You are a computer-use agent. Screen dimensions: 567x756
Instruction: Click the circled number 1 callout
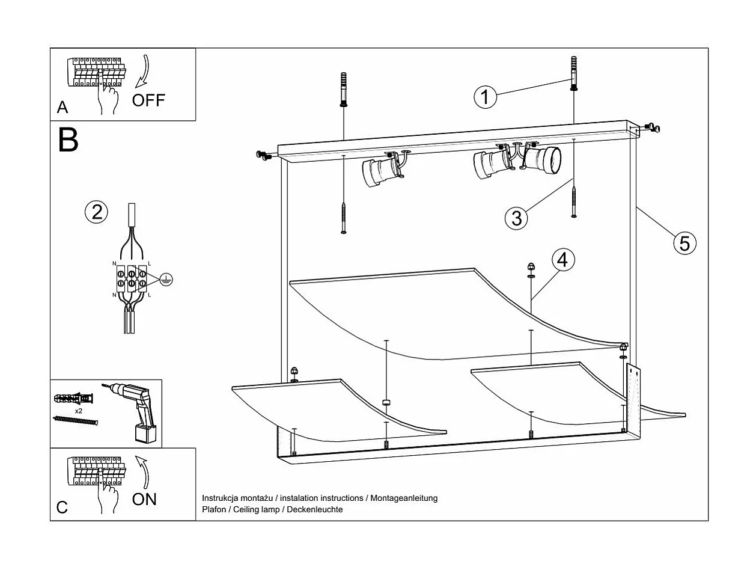tap(485, 97)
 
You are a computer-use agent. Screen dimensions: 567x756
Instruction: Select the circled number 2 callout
tap(96, 212)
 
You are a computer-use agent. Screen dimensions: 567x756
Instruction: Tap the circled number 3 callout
tap(516, 217)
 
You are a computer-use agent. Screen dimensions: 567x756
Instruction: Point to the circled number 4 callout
tap(562, 260)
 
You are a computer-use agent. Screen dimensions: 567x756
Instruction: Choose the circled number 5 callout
tap(684, 243)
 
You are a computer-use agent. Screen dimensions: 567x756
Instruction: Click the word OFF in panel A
tap(148, 100)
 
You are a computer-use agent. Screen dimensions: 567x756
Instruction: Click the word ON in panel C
tap(144, 498)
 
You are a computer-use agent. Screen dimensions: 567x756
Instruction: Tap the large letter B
tap(69, 140)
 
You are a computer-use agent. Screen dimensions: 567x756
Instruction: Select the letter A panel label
tap(62, 108)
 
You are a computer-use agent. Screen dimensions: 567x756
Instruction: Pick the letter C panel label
tap(62, 507)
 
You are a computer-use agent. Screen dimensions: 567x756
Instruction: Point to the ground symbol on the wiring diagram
tap(168, 278)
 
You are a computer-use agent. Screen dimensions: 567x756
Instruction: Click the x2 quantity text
tap(78, 410)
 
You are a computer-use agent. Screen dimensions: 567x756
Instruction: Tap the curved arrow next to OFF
tap(144, 71)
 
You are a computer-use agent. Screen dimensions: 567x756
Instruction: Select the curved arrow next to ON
tap(142, 471)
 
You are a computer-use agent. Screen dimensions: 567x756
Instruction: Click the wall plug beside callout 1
tap(575, 73)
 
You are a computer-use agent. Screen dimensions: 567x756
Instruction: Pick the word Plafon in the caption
tap(215, 509)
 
